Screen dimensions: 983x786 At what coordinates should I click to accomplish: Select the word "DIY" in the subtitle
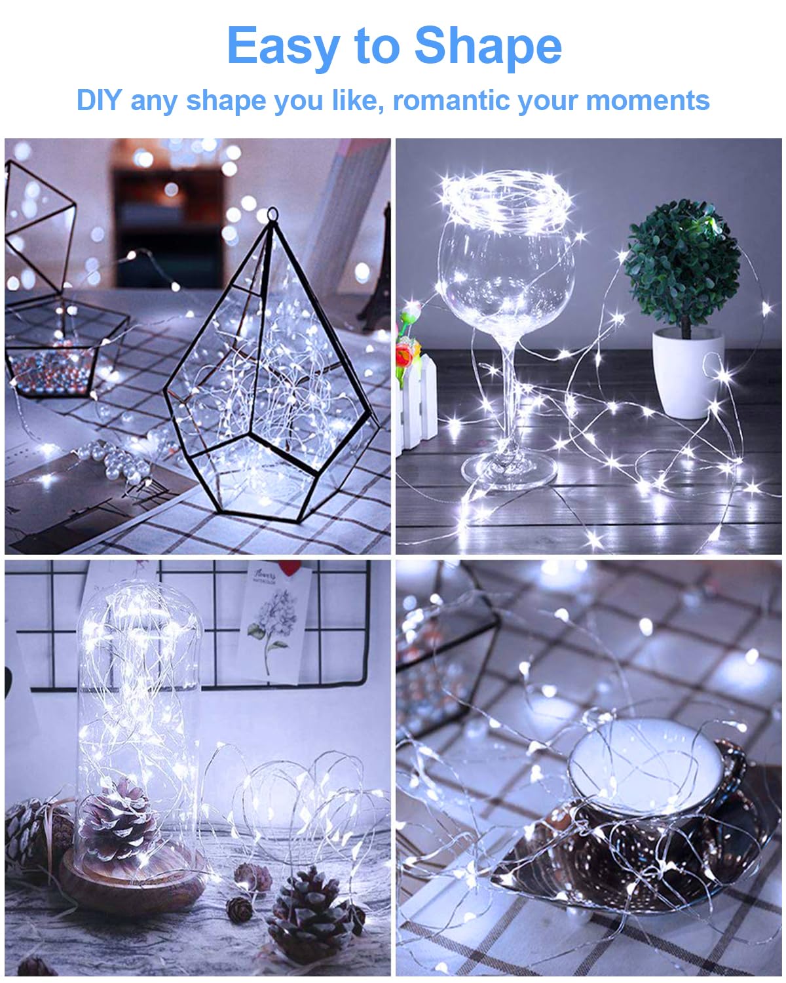(99, 101)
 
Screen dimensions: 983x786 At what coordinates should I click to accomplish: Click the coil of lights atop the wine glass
(504, 197)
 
